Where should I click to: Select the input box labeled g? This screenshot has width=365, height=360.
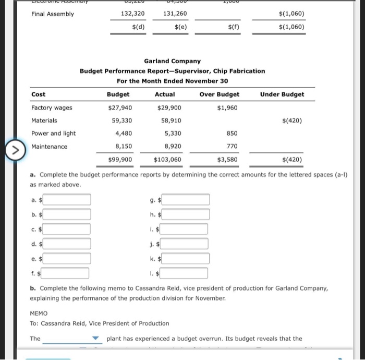(x=187, y=199)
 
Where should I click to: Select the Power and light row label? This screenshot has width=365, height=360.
(x=53, y=133)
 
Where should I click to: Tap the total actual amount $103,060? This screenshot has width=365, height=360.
(x=168, y=160)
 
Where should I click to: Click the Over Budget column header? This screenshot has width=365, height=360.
(x=219, y=94)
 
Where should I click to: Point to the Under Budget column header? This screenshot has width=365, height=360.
(x=282, y=94)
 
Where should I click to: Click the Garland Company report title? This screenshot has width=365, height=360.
(x=172, y=62)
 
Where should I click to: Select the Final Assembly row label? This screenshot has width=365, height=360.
(x=53, y=14)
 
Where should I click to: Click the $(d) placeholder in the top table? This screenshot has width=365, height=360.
(x=138, y=27)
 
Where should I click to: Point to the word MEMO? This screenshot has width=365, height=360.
(x=39, y=313)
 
